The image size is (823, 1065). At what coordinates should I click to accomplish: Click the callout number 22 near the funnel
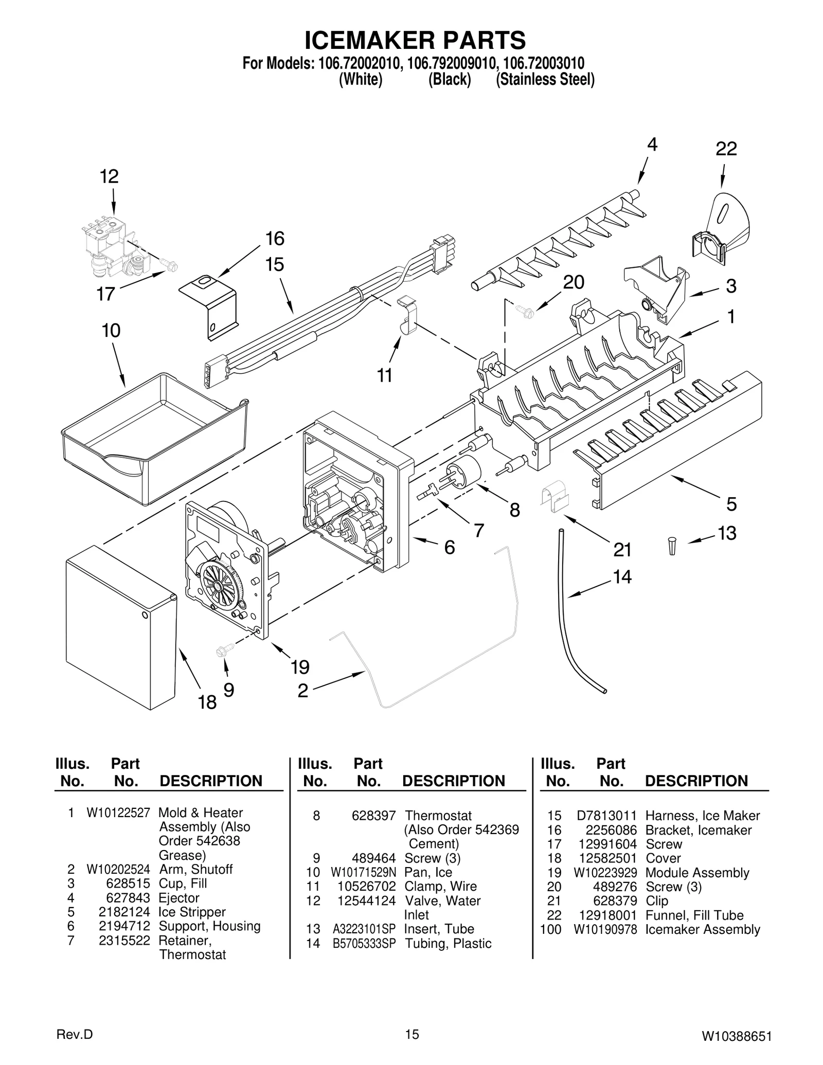(726, 149)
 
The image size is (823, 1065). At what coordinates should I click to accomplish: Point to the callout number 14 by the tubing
(622, 577)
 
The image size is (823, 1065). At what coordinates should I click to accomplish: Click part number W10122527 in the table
(118, 813)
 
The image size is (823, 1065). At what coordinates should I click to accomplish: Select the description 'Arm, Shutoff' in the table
(195, 869)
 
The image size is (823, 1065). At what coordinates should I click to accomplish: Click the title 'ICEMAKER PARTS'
(415, 40)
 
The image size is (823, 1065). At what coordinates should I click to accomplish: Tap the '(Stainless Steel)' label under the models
(545, 80)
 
